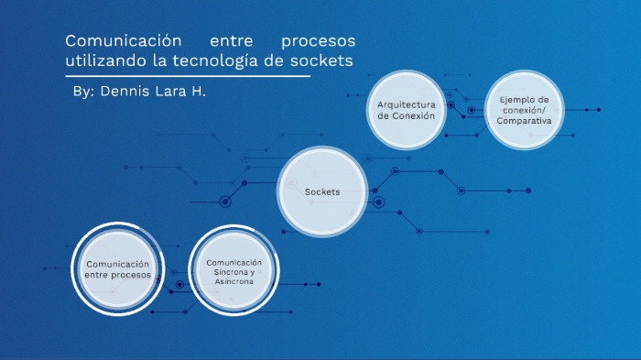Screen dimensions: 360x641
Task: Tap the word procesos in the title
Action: click(x=317, y=42)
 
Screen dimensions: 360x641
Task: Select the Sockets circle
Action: click(x=322, y=191)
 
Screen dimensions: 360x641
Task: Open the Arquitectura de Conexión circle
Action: click(x=407, y=110)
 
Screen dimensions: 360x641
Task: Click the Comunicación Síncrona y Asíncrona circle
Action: click(x=234, y=271)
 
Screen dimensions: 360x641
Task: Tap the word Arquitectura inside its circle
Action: click(x=407, y=104)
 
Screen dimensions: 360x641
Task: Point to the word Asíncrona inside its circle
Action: click(x=234, y=282)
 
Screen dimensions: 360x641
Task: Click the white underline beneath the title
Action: click(x=188, y=75)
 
